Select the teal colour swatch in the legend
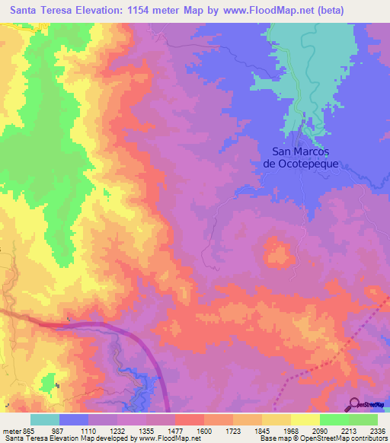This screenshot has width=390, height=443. tap(45, 419)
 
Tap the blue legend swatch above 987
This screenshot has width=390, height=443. tap(74, 419)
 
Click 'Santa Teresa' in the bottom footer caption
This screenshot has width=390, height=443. tap(24, 438)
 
